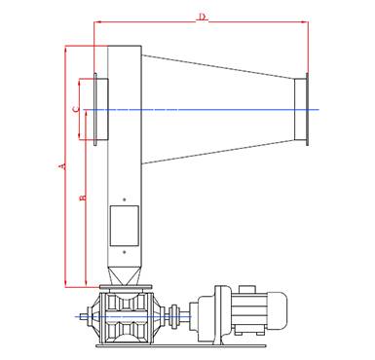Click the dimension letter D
(203, 17)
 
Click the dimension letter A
(62, 166)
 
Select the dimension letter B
(83, 198)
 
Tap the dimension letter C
(76, 109)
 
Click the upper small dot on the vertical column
(124, 199)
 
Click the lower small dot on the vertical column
(124, 252)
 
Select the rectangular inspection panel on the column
(125, 226)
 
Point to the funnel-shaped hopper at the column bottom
(125, 276)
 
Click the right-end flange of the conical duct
(307, 109)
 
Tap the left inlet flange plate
(95, 109)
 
